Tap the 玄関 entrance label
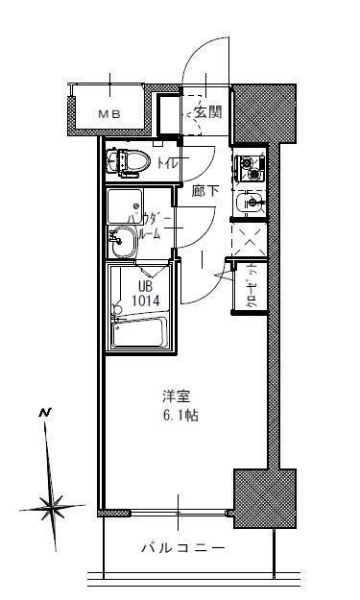coord(207,111)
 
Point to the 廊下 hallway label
coord(204,191)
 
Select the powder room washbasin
coord(122,246)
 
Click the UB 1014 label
coord(144,293)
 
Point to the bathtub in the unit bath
coord(140,332)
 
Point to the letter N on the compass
coord(44,413)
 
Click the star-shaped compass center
coord(51,503)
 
